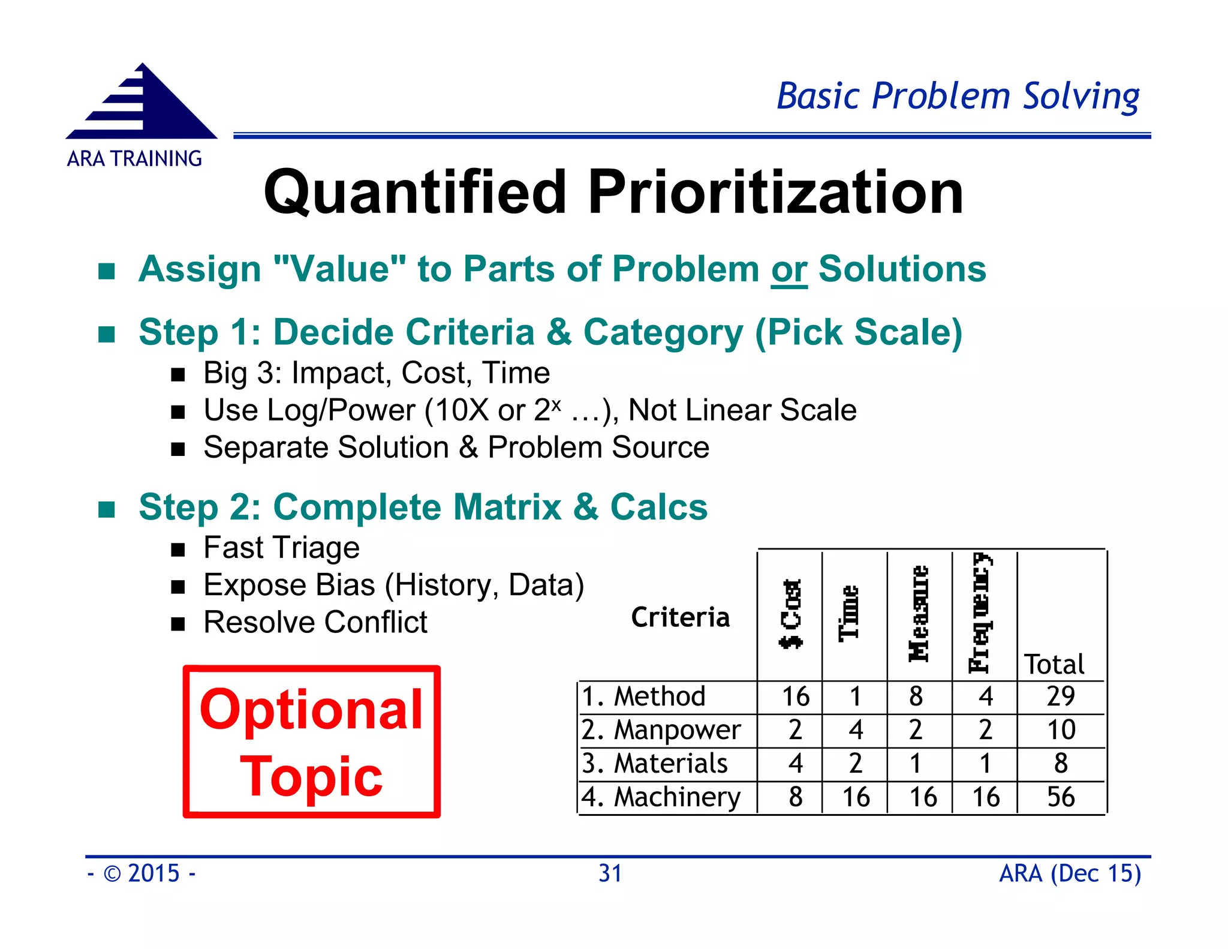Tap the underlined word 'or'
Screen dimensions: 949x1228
pos(788,269)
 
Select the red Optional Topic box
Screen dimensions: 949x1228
pos(312,741)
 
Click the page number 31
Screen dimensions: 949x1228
pos(610,873)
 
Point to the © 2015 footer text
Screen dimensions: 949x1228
pos(142,873)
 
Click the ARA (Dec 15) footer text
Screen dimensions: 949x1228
pos(1070,873)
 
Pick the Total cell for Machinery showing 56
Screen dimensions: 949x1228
pos(1060,797)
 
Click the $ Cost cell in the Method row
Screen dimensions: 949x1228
pos(795,697)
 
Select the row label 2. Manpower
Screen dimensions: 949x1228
pos(661,730)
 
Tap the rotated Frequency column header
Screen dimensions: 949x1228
pos(982,613)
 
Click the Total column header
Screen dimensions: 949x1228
pos(1054,665)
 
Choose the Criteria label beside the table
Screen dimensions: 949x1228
pos(680,617)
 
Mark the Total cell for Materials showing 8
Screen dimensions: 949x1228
pos(1060,764)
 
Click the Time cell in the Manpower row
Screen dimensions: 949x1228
pos(856,730)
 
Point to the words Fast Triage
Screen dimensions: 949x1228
pos(281,548)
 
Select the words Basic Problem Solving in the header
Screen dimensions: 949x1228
pos(958,96)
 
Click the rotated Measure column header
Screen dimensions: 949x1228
pos(918,613)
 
